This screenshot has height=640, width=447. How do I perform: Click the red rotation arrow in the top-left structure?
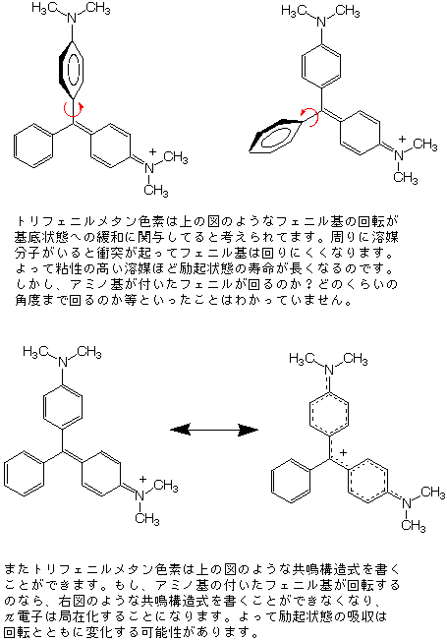(65, 110)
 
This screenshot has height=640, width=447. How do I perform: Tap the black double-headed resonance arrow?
(214, 430)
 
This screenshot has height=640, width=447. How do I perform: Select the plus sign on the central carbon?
(344, 452)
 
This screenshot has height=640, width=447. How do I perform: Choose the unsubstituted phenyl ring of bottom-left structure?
(25, 472)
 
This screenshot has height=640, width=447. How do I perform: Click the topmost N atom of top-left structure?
(72, 18)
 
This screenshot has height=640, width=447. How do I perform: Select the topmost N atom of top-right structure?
(322, 21)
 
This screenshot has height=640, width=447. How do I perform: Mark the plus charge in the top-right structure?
(402, 140)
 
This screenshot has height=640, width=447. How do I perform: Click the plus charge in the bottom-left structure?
(142, 479)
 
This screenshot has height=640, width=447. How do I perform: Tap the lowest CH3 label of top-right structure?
(406, 178)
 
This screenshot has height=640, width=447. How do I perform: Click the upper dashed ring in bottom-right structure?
(310, 414)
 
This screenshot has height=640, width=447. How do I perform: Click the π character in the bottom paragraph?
(10, 615)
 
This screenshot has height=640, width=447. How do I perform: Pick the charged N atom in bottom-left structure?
(140, 495)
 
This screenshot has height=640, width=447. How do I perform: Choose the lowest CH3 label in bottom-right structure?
(414, 525)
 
